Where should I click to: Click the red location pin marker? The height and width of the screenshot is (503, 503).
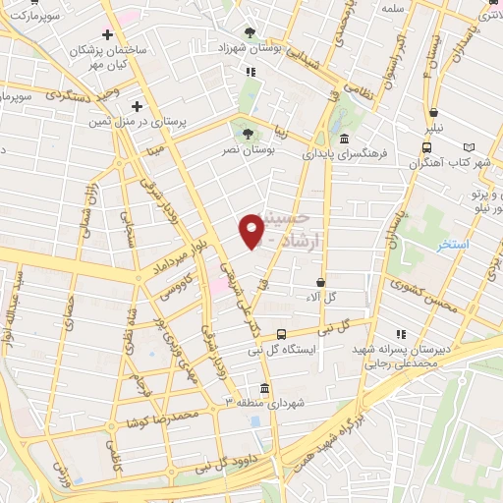(252, 230)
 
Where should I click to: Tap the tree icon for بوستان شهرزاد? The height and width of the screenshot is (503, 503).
(250, 32)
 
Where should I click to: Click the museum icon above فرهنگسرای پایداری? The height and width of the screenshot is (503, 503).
(344, 139)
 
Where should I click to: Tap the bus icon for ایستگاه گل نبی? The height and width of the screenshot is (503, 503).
(282, 334)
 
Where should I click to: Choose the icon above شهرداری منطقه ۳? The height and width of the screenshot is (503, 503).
(263, 387)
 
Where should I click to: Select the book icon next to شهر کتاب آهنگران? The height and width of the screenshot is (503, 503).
(469, 147)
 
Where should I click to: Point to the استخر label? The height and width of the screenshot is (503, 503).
(453, 243)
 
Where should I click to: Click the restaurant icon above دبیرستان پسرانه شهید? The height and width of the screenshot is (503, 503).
(401, 334)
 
